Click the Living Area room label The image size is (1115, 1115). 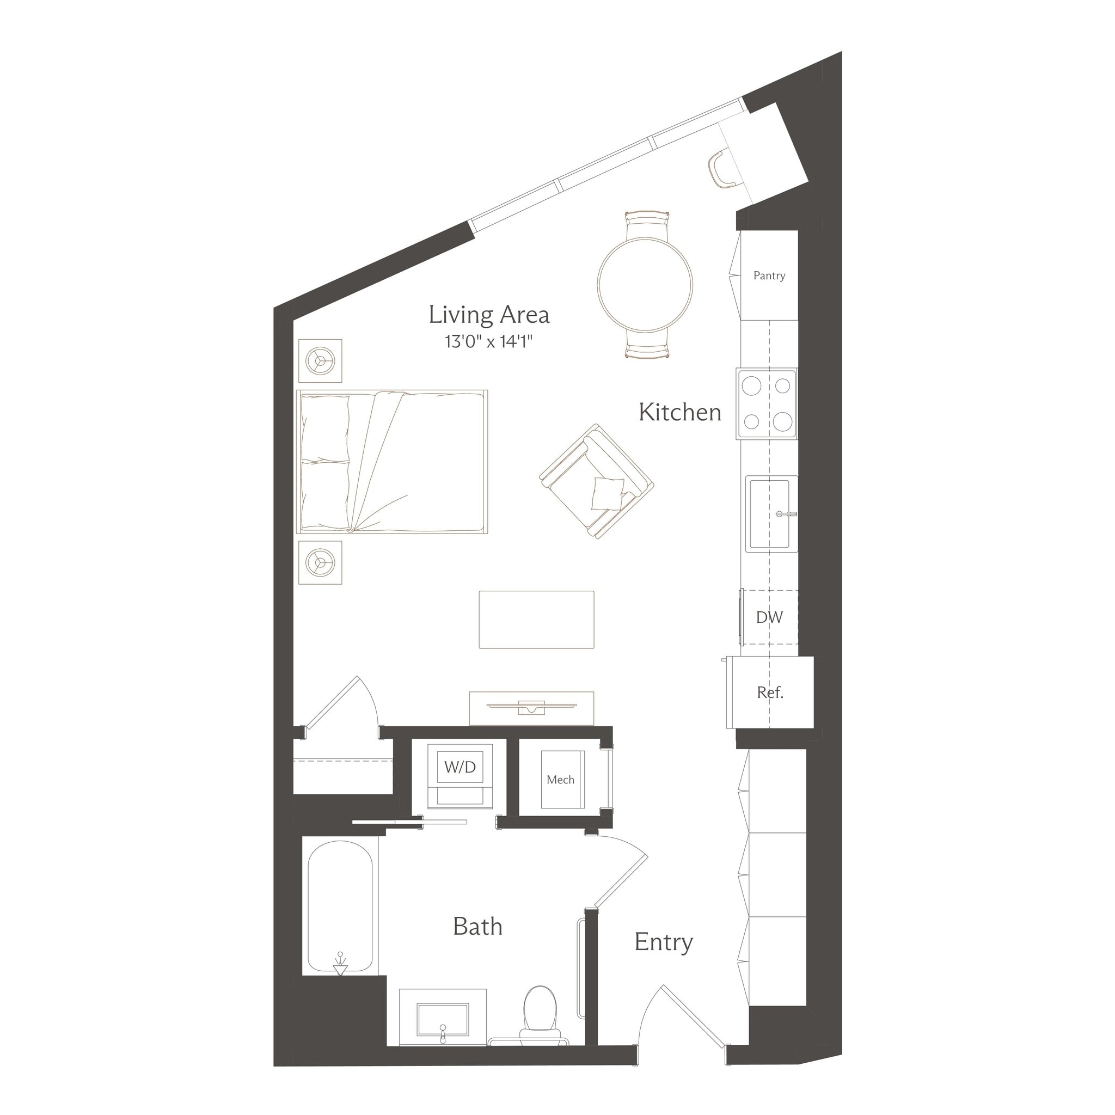coord(489,315)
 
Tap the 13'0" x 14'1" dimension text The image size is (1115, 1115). coord(488,342)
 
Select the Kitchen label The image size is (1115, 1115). coord(679,413)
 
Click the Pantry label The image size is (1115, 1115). coord(769,276)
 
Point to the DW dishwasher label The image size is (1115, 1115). coord(769,617)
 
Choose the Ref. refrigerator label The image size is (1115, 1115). coord(770,693)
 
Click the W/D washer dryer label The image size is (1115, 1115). coord(460,767)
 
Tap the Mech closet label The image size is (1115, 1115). coord(560,780)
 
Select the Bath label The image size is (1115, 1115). coord(477,927)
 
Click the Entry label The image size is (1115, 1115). coord(663,942)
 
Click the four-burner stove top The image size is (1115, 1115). coord(767,404)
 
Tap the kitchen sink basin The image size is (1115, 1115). coord(769,513)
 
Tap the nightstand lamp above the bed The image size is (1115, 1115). coord(320,361)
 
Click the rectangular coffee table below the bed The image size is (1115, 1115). coord(536,619)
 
